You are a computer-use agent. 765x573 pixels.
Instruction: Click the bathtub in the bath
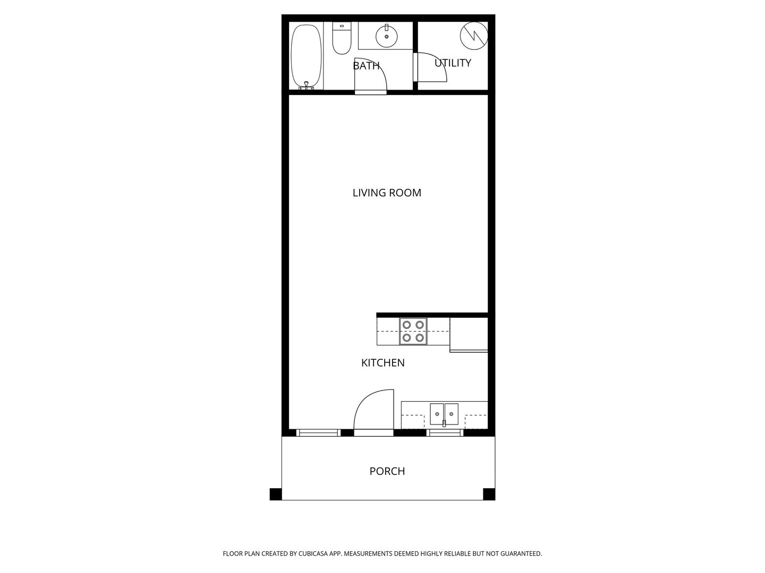coord(306,56)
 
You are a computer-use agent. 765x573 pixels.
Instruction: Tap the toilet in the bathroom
coord(341,38)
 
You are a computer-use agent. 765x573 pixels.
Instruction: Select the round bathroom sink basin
coord(386,36)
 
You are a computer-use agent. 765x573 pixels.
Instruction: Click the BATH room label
coord(366,66)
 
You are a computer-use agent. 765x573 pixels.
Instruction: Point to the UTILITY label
coord(453,63)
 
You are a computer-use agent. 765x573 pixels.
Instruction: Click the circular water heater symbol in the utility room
coord(474,36)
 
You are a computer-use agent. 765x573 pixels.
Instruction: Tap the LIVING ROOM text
coord(387,193)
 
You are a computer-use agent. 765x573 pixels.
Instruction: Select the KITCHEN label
coord(382,363)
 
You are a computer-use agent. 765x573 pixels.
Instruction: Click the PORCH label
coord(387,471)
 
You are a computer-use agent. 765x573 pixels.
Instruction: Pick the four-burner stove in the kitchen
coord(413,331)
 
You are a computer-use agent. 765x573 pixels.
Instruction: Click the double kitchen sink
coord(444,414)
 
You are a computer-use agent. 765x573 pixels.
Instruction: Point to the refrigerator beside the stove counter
coord(469,335)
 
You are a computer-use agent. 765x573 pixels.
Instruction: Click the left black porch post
coord(275,494)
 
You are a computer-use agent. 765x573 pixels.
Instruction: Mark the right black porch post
coord(489,494)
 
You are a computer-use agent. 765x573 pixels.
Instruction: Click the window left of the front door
coord(318,433)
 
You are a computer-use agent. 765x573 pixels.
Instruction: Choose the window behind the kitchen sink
coord(445,433)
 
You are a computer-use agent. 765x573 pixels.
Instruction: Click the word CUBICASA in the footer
coord(313,553)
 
